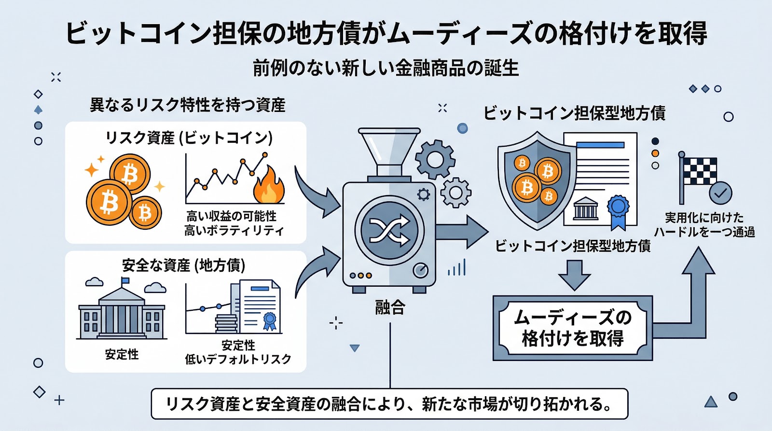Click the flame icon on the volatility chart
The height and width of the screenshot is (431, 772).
point(269,186)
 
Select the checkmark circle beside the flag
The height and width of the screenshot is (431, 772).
point(720,194)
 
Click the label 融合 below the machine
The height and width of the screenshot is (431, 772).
point(390,307)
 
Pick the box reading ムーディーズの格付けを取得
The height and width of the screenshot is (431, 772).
point(572,328)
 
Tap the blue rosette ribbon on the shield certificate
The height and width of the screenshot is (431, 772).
point(618,210)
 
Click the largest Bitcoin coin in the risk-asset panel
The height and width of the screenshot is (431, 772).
point(109,202)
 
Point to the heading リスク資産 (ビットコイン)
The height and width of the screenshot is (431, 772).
point(189,138)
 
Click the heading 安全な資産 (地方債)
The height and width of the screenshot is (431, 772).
point(184,265)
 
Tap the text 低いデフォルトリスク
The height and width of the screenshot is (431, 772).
point(238,359)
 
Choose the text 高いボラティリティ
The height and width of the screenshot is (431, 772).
point(234,231)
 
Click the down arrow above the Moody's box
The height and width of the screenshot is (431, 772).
point(574,275)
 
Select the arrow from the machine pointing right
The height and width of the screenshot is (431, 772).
point(461,232)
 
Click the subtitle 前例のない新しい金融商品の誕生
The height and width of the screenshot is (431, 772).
point(386,69)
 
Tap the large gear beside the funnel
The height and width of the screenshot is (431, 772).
point(435,160)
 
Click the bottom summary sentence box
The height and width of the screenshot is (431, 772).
point(389,403)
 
